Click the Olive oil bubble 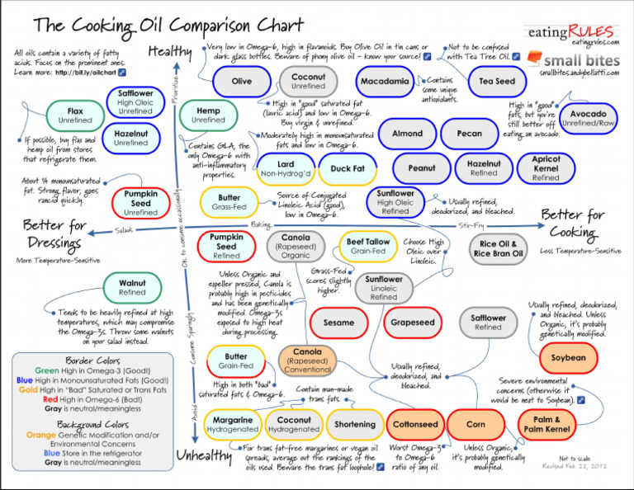pyautogui.click(x=242, y=82)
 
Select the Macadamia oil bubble pyautogui.click(x=386, y=82)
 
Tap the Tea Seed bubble pyautogui.click(x=497, y=82)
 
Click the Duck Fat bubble pyautogui.click(x=348, y=169)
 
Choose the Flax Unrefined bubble pyautogui.click(x=76, y=115)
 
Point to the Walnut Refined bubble pyautogui.click(x=132, y=287)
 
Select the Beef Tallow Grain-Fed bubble pyautogui.click(x=368, y=247)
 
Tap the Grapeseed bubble pyautogui.click(x=413, y=323)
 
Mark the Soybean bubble pyautogui.click(x=569, y=357)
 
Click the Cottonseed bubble pyautogui.click(x=415, y=425)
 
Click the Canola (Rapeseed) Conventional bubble pyautogui.click(x=307, y=361)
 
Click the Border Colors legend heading pyautogui.click(x=92, y=361)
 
